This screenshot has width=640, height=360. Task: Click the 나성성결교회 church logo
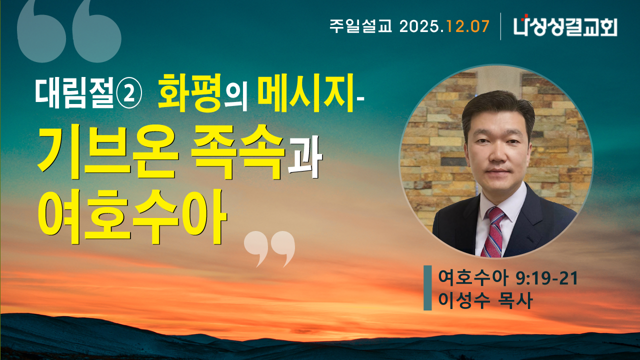(565, 26)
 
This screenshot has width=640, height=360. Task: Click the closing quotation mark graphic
(269, 248)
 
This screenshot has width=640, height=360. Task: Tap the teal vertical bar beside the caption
(427, 288)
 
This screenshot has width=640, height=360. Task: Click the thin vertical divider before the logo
(501, 26)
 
